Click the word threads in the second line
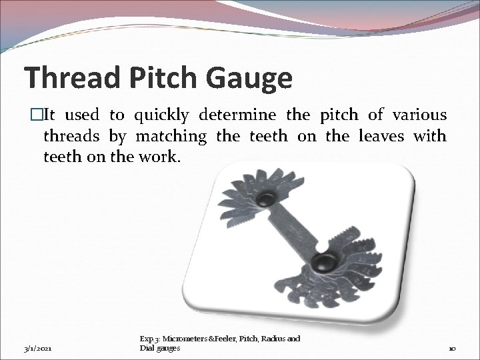pos(71,137)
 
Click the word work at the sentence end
pos(163,157)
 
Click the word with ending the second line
pos(429,137)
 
